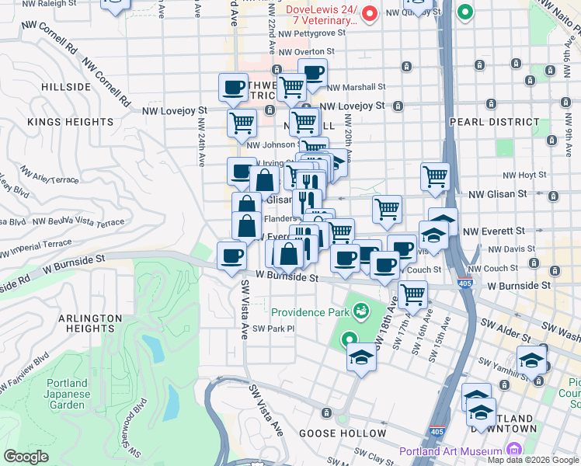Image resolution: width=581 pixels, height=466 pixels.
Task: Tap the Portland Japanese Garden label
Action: pyautogui.click(x=67, y=394)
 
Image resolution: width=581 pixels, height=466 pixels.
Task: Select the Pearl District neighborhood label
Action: pyautogui.click(x=494, y=122)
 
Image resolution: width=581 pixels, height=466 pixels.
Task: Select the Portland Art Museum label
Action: pyautogui.click(x=451, y=451)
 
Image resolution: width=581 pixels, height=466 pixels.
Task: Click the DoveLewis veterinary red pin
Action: pyautogui.click(x=371, y=13)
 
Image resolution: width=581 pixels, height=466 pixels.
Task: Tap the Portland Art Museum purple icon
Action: pyautogui.click(x=513, y=450)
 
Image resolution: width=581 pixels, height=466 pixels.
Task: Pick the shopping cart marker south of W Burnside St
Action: pyautogui.click(x=412, y=294)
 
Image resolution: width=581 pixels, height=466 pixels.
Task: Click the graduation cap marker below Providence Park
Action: pyautogui.click(x=360, y=358)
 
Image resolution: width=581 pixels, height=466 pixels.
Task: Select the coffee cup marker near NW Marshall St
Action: pyautogui.click(x=311, y=74)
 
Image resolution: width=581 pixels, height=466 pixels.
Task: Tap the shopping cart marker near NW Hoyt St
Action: pyautogui.click(x=435, y=176)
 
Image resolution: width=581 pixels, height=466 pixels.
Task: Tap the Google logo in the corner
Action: pyautogui.click(x=26, y=457)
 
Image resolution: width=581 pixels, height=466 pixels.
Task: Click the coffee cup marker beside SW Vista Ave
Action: pyautogui.click(x=231, y=256)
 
